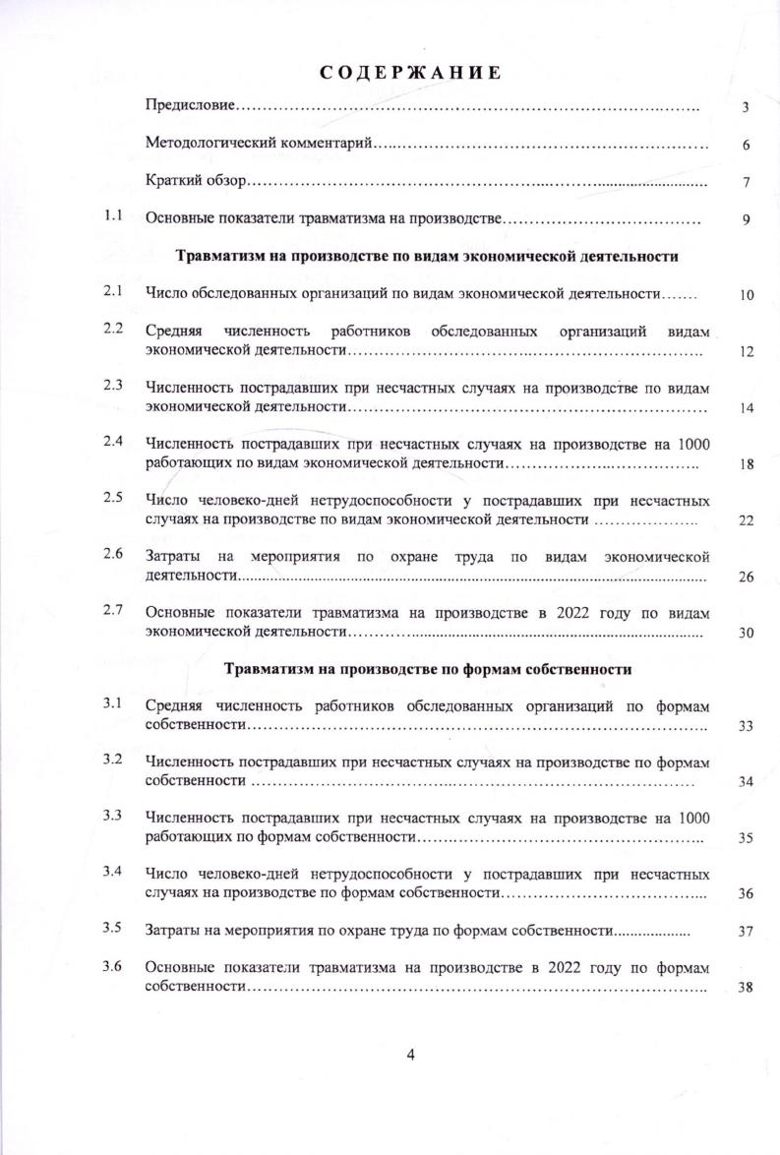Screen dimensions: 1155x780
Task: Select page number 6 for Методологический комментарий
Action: pyautogui.click(x=747, y=146)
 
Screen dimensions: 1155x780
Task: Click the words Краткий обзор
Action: pyautogui.click(x=193, y=182)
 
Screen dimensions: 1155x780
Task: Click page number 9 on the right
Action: pyautogui.click(x=747, y=219)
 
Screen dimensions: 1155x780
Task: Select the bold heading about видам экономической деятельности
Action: pyautogui.click(x=427, y=256)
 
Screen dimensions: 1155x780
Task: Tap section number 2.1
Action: pyautogui.click(x=112, y=291)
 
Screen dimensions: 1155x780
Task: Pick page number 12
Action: pyautogui.click(x=746, y=352)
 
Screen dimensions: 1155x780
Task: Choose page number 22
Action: pyautogui.click(x=746, y=519)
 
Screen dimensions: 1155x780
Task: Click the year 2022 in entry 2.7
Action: pyautogui.click(x=571, y=613)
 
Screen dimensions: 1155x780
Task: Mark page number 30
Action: pyautogui.click(x=746, y=633)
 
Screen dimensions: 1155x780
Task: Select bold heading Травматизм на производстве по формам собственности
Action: pyautogui.click(x=427, y=669)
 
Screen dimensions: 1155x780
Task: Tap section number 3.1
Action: pyautogui.click(x=112, y=703)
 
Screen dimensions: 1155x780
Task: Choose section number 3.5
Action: pyautogui.click(x=112, y=928)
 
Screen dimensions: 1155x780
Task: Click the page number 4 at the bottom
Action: pyautogui.click(x=411, y=1055)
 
